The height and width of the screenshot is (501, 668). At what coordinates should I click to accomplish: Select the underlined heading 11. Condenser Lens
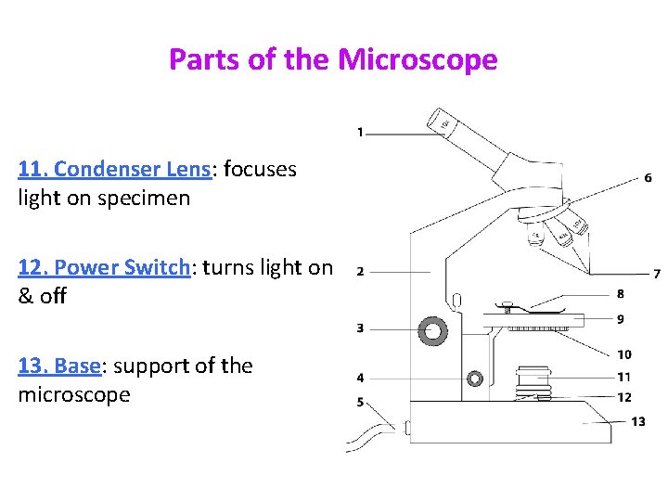(x=115, y=169)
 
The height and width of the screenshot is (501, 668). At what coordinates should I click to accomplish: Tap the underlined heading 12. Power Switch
(x=104, y=267)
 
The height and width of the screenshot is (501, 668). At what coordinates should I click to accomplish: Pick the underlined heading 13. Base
(x=58, y=366)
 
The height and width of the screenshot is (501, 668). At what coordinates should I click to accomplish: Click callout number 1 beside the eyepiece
(x=360, y=133)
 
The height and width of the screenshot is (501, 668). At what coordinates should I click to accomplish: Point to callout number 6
(x=647, y=177)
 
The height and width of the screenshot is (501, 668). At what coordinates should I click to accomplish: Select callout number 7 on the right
(x=656, y=274)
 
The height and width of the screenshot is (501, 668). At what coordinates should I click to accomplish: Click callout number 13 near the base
(x=638, y=421)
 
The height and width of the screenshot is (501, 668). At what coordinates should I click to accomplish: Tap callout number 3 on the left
(x=360, y=328)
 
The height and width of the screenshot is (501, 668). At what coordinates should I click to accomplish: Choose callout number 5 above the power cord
(x=360, y=403)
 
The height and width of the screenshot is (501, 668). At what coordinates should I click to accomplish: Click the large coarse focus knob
(x=432, y=329)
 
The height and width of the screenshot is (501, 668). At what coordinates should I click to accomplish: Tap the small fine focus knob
(x=475, y=379)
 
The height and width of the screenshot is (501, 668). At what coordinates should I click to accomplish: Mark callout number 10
(x=623, y=354)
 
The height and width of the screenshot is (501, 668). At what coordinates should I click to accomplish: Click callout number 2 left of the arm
(x=360, y=272)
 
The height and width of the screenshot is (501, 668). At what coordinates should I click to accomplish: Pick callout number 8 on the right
(x=620, y=294)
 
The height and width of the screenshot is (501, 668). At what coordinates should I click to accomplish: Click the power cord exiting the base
(x=371, y=433)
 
